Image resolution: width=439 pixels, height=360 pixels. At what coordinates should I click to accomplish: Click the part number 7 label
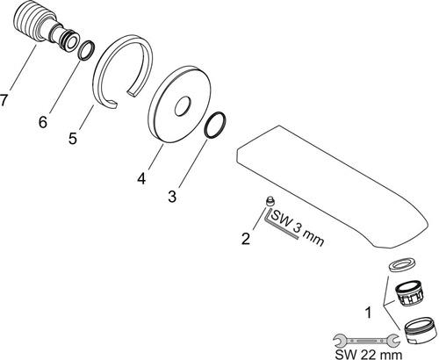pyautogui.click(x=3, y=100)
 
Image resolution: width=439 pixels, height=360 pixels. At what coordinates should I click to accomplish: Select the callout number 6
pyautogui.click(x=43, y=121)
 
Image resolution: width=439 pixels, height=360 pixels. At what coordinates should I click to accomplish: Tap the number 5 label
pyautogui.click(x=73, y=138)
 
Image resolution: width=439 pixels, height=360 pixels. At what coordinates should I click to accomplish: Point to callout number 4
pyautogui.click(x=141, y=178)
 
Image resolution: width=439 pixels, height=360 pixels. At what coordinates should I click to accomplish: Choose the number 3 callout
pyautogui.click(x=172, y=196)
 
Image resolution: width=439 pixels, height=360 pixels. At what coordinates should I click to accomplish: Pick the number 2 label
pyautogui.click(x=246, y=238)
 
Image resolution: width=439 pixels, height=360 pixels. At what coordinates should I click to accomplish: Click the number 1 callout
pyautogui.click(x=369, y=313)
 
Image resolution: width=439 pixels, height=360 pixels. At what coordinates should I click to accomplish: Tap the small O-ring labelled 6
pyautogui.click(x=87, y=51)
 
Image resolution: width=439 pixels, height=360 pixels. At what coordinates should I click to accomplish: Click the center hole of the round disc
pyautogui.click(x=183, y=106)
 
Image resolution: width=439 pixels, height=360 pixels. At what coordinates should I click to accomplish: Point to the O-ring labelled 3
pyautogui.click(x=216, y=125)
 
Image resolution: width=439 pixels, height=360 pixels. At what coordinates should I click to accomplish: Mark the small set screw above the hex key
pyautogui.click(x=270, y=202)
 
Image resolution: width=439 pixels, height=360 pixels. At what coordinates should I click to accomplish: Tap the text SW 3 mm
pyautogui.click(x=298, y=228)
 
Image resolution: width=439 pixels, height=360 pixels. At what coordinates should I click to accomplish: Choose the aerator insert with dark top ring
pyautogui.click(x=409, y=295)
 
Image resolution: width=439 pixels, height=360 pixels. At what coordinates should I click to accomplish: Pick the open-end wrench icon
pyautogui.click(x=366, y=341)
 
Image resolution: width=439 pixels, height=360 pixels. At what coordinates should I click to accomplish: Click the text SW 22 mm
pyautogui.click(x=369, y=354)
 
